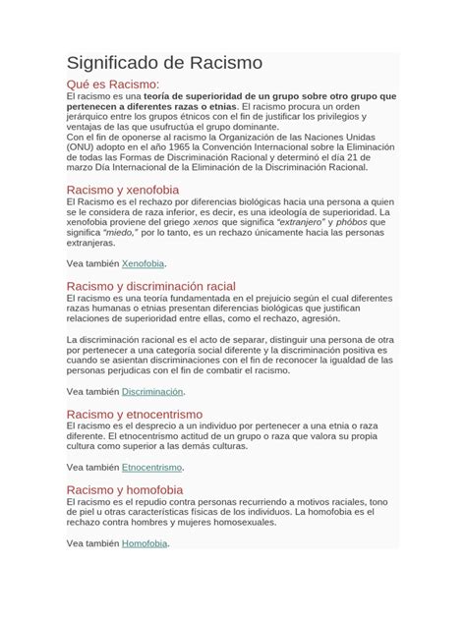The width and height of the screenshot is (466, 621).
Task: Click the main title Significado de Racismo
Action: [x=163, y=63]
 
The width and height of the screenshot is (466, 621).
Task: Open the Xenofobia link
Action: [x=143, y=264]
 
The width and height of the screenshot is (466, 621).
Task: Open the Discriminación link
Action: [x=152, y=391]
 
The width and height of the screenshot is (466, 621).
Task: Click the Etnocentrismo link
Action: [x=151, y=467]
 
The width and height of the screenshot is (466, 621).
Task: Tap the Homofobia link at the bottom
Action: [x=145, y=542]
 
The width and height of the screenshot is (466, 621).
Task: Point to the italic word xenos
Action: [x=231, y=222]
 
